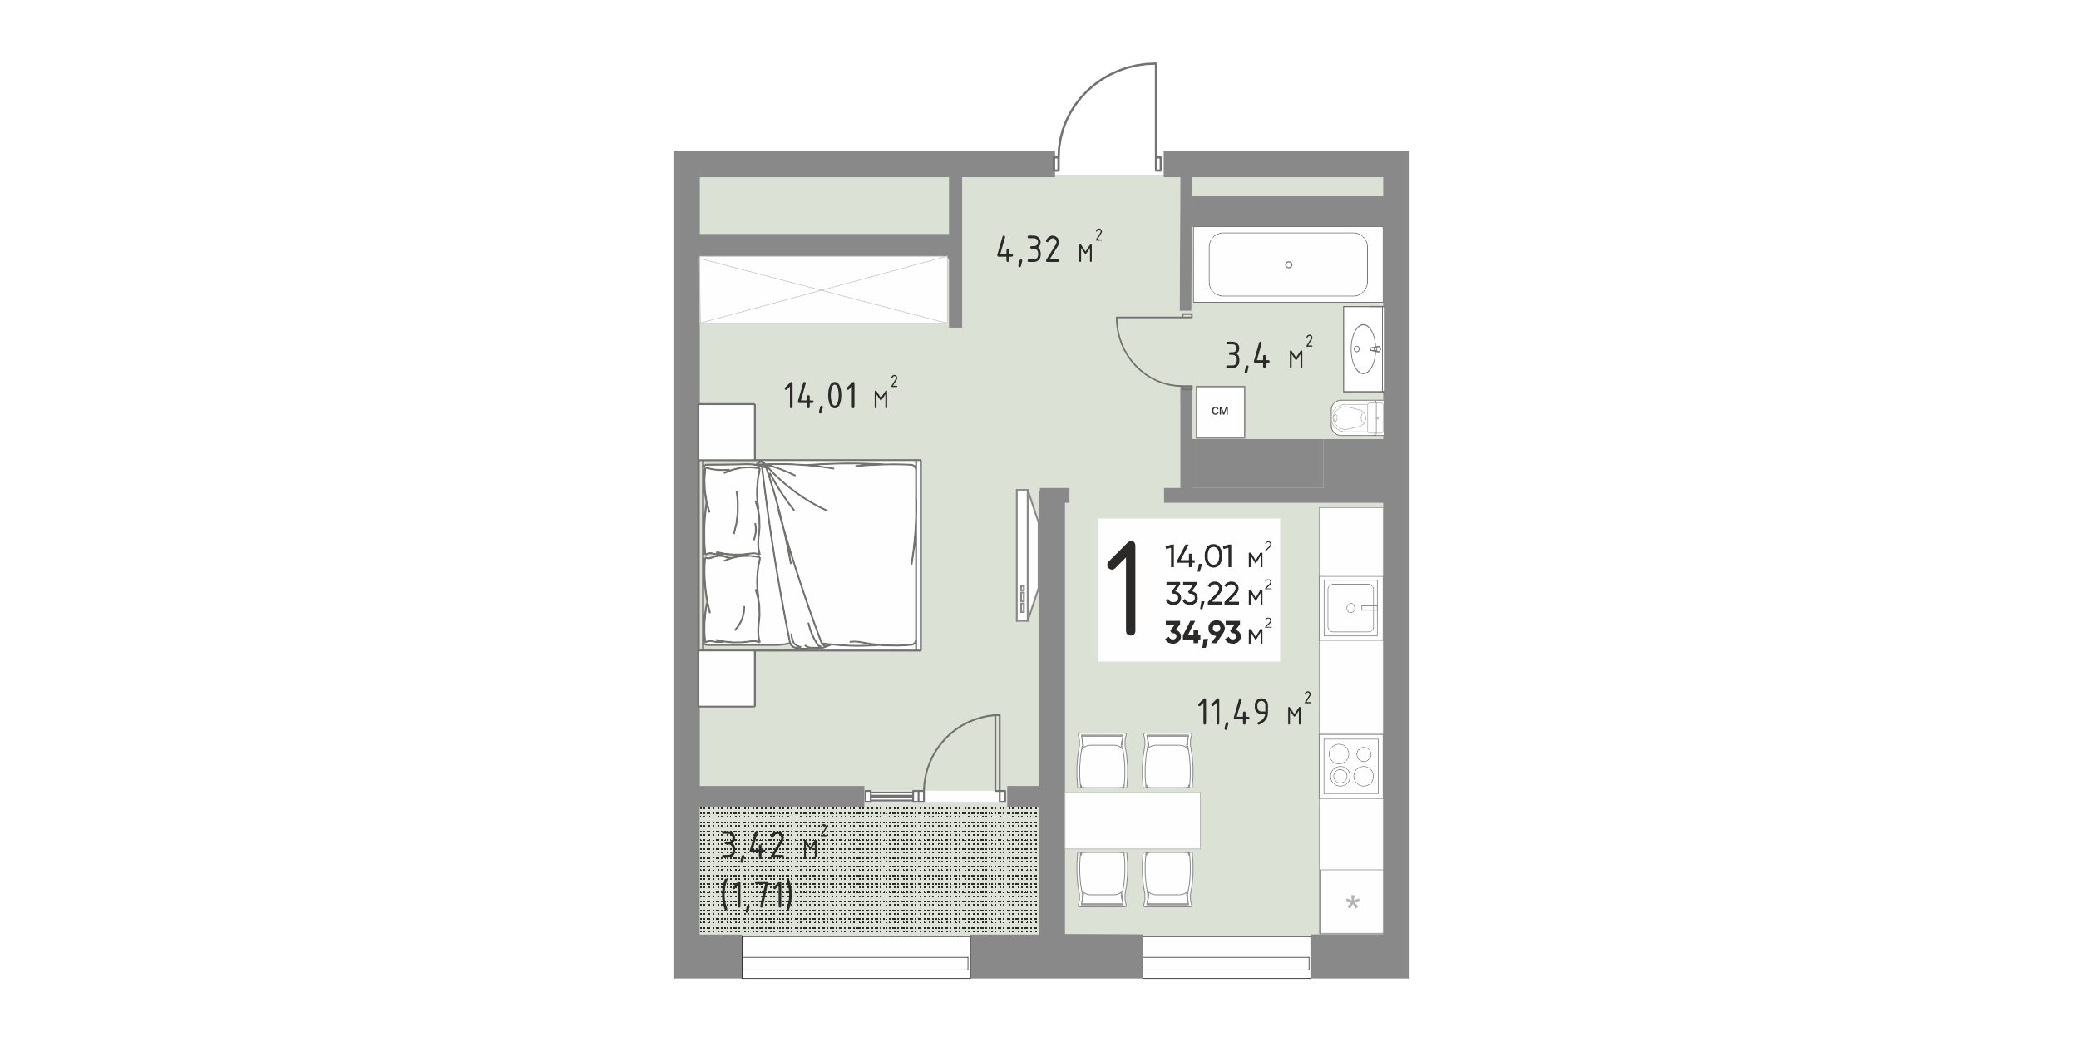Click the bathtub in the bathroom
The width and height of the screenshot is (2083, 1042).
(x=1287, y=264)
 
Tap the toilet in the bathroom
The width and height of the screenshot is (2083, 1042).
(x=1356, y=418)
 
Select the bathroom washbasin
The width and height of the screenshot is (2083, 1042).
(x=1364, y=348)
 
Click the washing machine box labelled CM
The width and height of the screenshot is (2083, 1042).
(x=1220, y=412)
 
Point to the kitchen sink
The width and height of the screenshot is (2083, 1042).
(x=1350, y=608)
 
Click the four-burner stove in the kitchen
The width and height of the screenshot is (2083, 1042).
(x=1350, y=765)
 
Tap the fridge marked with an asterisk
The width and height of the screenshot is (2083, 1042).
(x=1352, y=901)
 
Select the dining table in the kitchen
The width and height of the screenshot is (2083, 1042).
(x=1133, y=820)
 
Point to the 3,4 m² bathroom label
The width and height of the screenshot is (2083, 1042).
(x=1269, y=354)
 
